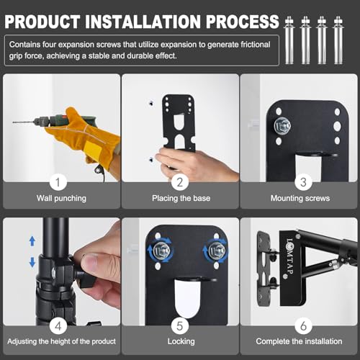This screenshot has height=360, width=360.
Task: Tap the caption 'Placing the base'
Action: [180, 197]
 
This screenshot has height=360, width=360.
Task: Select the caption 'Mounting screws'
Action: [300, 197]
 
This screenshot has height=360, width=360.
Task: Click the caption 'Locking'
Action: [180, 341]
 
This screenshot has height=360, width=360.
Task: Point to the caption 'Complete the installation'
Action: [300, 341]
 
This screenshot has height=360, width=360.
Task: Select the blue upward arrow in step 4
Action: [31, 240]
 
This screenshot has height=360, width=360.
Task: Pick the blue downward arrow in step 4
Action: [31, 262]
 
